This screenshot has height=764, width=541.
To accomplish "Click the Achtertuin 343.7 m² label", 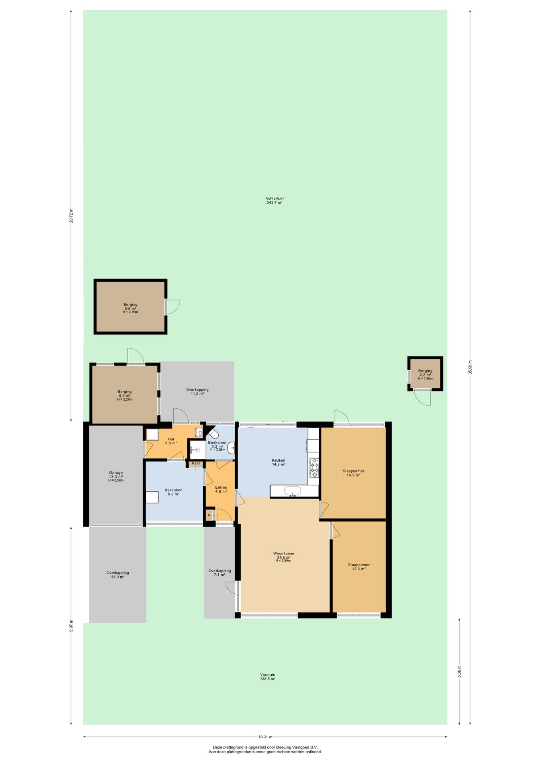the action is [x=274, y=200].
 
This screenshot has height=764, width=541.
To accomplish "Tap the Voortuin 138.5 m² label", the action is [x=267, y=676].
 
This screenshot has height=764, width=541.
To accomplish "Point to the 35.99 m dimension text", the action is [x=470, y=367].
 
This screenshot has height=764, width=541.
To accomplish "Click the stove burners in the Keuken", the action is [x=315, y=468].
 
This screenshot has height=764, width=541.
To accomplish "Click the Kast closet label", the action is [x=196, y=463].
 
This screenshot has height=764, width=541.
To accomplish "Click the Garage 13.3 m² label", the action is [x=116, y=475].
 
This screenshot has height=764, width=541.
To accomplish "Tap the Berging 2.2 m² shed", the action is [x=425, y=374].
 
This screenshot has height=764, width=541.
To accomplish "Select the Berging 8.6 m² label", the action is [x=130, y=306].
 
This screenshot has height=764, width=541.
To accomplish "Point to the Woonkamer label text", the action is [x=284, y=554].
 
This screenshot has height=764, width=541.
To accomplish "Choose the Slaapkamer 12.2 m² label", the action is [x=359, y=567].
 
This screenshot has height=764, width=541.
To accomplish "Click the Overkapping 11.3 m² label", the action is [x=197, y=392].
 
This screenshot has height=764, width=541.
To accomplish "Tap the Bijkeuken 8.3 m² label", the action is [x=173, y=492].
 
